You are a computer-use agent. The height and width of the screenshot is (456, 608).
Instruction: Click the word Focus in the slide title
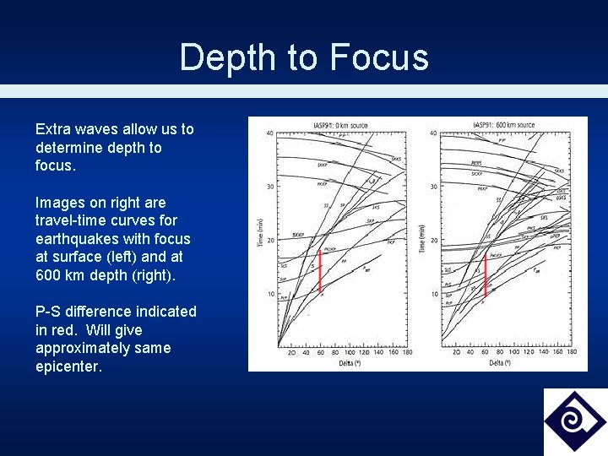coord(379,58)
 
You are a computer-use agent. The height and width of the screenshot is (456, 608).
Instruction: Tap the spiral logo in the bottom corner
coord(574,421)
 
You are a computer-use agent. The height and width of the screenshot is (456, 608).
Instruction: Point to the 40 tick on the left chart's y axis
coord(269,133)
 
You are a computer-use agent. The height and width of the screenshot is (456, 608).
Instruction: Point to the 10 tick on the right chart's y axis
coord(433,293)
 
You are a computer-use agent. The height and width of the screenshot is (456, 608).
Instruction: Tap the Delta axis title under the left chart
coord(342,364)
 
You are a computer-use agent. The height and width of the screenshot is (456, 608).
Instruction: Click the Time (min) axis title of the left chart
coord(259,230)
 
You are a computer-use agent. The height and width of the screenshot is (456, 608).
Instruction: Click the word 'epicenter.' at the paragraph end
coord(68,366)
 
